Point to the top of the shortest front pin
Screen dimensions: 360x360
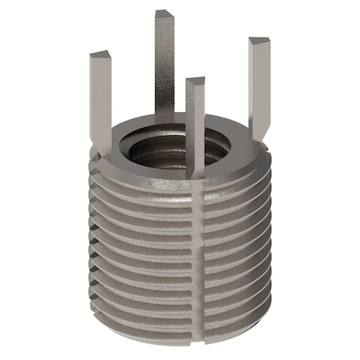pyautogui.click(x=195, y=82)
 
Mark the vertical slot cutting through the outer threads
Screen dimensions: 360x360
pyautogui.click(x=197, y=256)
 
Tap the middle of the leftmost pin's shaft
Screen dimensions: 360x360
pyautogui.click(x=101, y=100)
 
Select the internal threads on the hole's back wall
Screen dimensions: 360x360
pyautogui.click(x=180, y=136)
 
